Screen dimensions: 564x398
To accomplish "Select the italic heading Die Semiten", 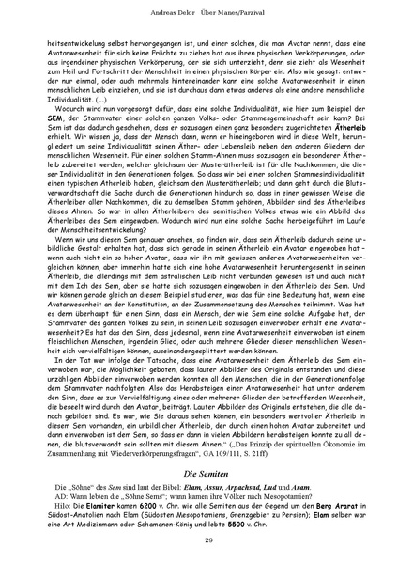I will (x=198, y=470).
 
